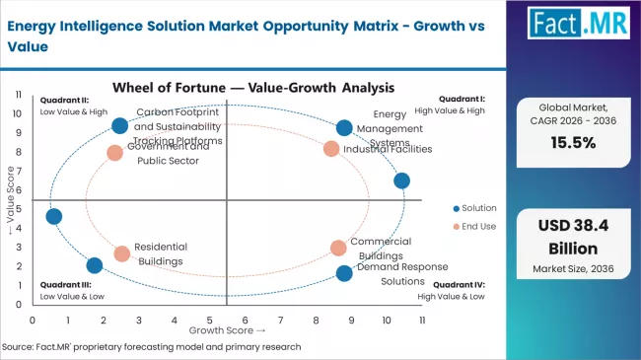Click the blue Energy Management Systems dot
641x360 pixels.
point(343,128)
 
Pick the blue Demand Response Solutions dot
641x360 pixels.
point(343,273)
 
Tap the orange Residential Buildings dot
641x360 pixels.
point(121,253)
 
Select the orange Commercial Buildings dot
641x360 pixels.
point(338,248)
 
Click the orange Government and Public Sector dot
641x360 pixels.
point(114,153)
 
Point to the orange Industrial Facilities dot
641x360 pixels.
point(331,149)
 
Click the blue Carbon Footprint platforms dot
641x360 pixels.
point(119,125)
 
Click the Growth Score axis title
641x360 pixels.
point(228,330)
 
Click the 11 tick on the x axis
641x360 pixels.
point(421,321)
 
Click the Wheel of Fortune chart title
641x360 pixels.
point(227,87)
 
